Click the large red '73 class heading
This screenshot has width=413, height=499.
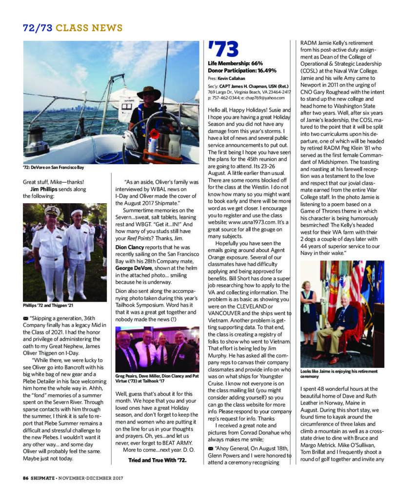223,49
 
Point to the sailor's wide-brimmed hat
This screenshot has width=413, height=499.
148,91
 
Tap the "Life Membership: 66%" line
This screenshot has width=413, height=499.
236,64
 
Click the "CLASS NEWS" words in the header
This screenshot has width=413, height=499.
89,28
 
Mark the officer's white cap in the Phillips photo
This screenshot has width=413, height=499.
52,211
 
